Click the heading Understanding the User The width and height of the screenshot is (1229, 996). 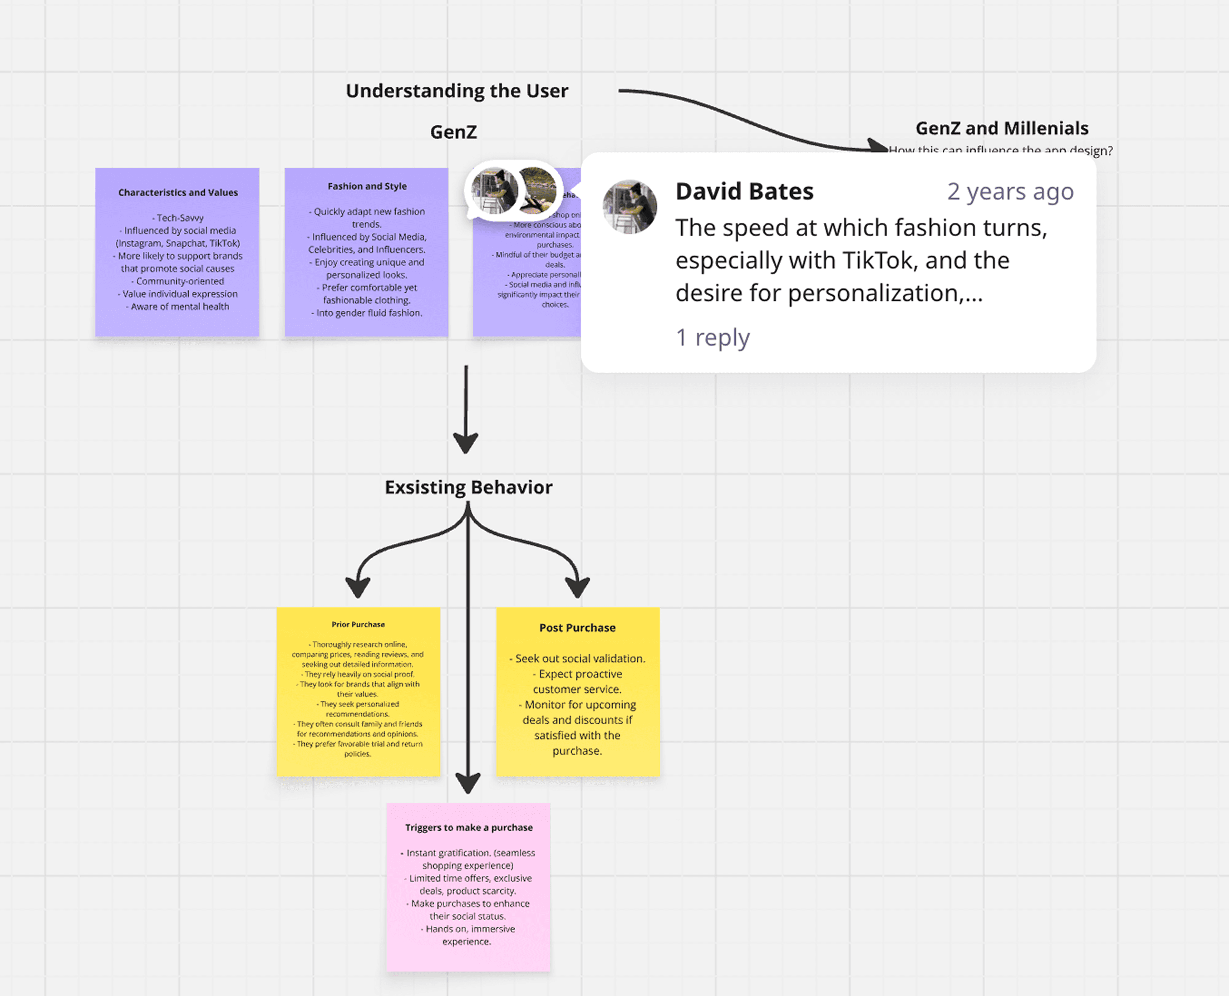(457, 91)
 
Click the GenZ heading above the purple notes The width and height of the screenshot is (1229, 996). (453, 132)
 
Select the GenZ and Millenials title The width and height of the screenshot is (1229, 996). (1002, 128)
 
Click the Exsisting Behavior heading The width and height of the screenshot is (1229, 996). (468, 487)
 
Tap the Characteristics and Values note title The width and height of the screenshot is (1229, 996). (178, 193)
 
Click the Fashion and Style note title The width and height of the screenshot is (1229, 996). (367, 186)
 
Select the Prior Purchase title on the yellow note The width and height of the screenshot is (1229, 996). (358, 624)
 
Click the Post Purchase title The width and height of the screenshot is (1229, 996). (577, 628)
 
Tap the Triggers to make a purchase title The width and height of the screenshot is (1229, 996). (469, 827)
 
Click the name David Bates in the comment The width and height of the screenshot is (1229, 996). (744, 191)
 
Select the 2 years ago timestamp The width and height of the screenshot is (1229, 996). (1010, 191)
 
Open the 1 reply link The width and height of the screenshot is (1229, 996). (713, 337)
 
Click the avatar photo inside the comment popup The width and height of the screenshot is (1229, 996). (630, 206)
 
